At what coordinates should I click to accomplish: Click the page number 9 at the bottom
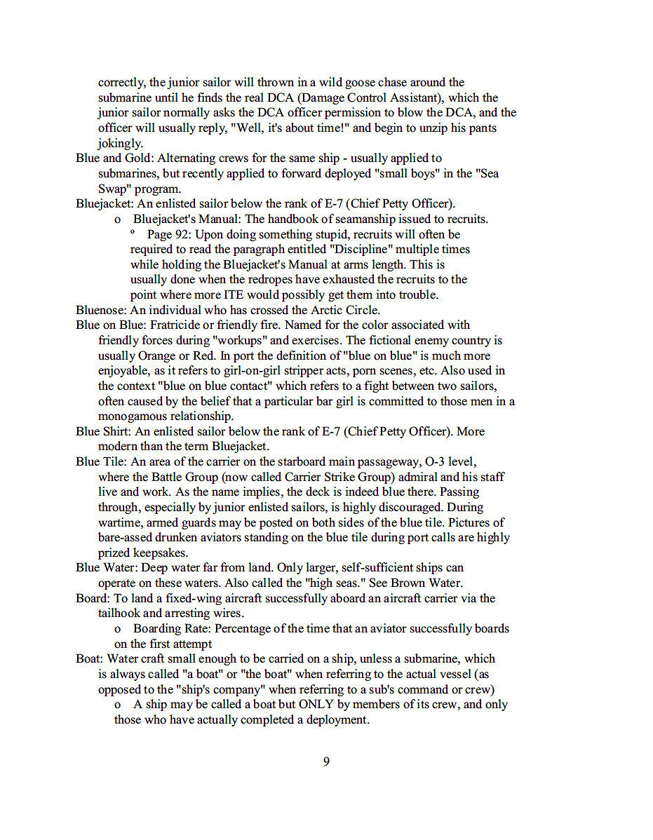pyautogui.click(x=326, y=761)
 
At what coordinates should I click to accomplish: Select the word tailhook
pyautogui.click(x=121, y=614)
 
